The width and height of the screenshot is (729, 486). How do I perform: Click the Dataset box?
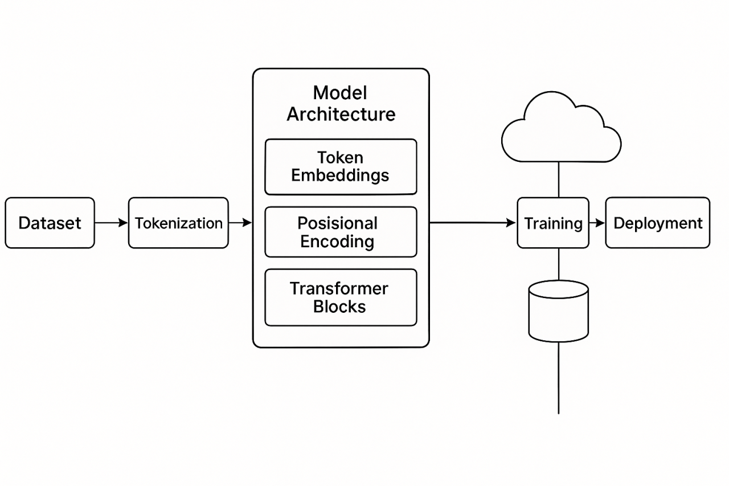[x=50, y=223]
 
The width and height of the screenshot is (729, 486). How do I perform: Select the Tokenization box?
[x=178, y=223]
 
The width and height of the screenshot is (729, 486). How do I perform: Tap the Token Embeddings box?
[x=341, y=166]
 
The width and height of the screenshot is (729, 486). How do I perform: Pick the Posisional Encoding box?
[x=341, y=232]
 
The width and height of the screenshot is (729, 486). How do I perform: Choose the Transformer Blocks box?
[x=341, y=297]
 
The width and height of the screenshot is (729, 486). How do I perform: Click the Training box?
[x=553, y=223]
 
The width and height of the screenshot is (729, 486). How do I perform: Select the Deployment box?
[x=657, y=223]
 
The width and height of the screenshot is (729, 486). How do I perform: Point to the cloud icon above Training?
[x=560, y=130]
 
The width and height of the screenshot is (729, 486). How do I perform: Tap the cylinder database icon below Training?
[x=558, y=311]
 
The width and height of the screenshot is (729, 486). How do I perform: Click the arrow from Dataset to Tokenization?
[x=111, y=223]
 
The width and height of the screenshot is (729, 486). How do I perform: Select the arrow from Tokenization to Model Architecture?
[x=240, y=223]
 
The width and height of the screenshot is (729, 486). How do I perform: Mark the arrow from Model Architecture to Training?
[x=472, y=223]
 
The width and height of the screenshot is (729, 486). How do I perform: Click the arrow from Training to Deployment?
[x=597, y=223]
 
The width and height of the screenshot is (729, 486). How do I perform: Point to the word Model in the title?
[x=340, y=93]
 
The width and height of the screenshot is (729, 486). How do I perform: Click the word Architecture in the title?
[x=341, y=114]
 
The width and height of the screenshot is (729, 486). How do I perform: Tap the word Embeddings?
[x=340, y=175]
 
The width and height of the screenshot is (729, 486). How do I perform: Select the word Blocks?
[x=339, y=306]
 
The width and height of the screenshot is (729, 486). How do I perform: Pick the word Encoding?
[x=337, y=241]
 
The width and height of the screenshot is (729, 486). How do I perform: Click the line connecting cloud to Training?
[x=559, y=179]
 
